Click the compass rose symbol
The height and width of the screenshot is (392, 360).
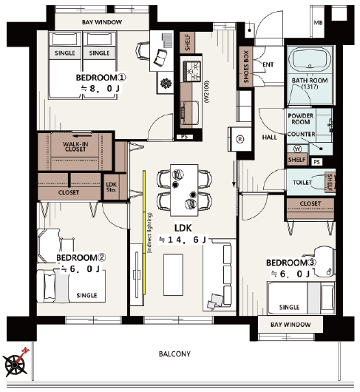15,364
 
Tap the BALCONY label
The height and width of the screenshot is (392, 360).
174,354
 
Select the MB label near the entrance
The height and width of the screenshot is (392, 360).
318,23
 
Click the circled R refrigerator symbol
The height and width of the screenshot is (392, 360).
240,139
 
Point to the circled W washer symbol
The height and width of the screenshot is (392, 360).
297,149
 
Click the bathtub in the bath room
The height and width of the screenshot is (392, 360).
310,60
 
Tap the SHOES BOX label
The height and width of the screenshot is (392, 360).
246,67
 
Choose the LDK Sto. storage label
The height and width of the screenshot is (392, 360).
111,187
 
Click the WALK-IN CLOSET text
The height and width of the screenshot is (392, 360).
75,146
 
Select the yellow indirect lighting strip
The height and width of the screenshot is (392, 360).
144,232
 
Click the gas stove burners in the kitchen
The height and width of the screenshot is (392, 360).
192,71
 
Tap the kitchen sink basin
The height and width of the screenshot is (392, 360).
190,112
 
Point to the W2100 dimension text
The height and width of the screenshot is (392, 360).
206,91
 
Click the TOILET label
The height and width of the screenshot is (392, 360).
302,183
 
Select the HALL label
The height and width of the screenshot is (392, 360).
270,138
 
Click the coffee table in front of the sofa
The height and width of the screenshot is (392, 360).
173,274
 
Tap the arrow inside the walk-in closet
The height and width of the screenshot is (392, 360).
83,136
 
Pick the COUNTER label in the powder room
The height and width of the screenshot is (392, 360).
301,135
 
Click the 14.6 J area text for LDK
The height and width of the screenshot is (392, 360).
183,240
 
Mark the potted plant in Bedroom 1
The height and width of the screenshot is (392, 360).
166,84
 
